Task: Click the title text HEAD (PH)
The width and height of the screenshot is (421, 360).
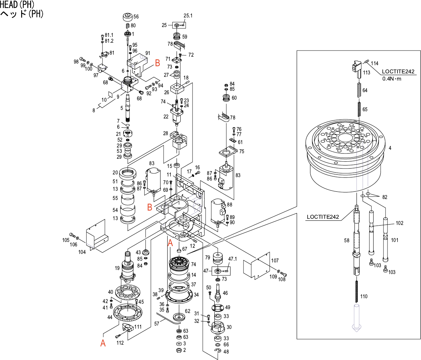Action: (x=17, y=4)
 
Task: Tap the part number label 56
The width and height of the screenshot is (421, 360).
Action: (x=136, y=16)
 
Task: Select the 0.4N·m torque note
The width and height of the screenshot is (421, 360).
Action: (x=392, y=79)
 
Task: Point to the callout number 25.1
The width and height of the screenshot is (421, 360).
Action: (x=188, y=15)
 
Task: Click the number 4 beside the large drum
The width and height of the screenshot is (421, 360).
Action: (x=390, y=148)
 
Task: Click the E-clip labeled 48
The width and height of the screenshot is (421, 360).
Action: (x=217, y=351)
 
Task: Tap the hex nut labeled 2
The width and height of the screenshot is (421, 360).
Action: (x=179, y=350)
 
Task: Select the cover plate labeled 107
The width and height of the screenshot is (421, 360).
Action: (x=257, y=265)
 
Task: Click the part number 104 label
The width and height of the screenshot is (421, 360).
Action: (x=82, y=252)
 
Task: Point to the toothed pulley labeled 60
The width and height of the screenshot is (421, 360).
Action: (x=226, y=98)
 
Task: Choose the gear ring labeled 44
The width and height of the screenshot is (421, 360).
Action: (x=127, y=313)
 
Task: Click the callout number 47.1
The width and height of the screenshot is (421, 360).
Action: (x=233, y=259)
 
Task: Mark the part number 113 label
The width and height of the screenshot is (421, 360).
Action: (x=366, y=72)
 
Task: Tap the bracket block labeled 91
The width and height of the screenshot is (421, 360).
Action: (x=137, y=65)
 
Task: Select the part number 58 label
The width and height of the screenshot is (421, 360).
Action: (x=347, y=240)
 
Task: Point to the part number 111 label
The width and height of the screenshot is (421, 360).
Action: (x=138, y=327)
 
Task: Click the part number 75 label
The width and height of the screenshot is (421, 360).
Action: (x=241, y=152)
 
